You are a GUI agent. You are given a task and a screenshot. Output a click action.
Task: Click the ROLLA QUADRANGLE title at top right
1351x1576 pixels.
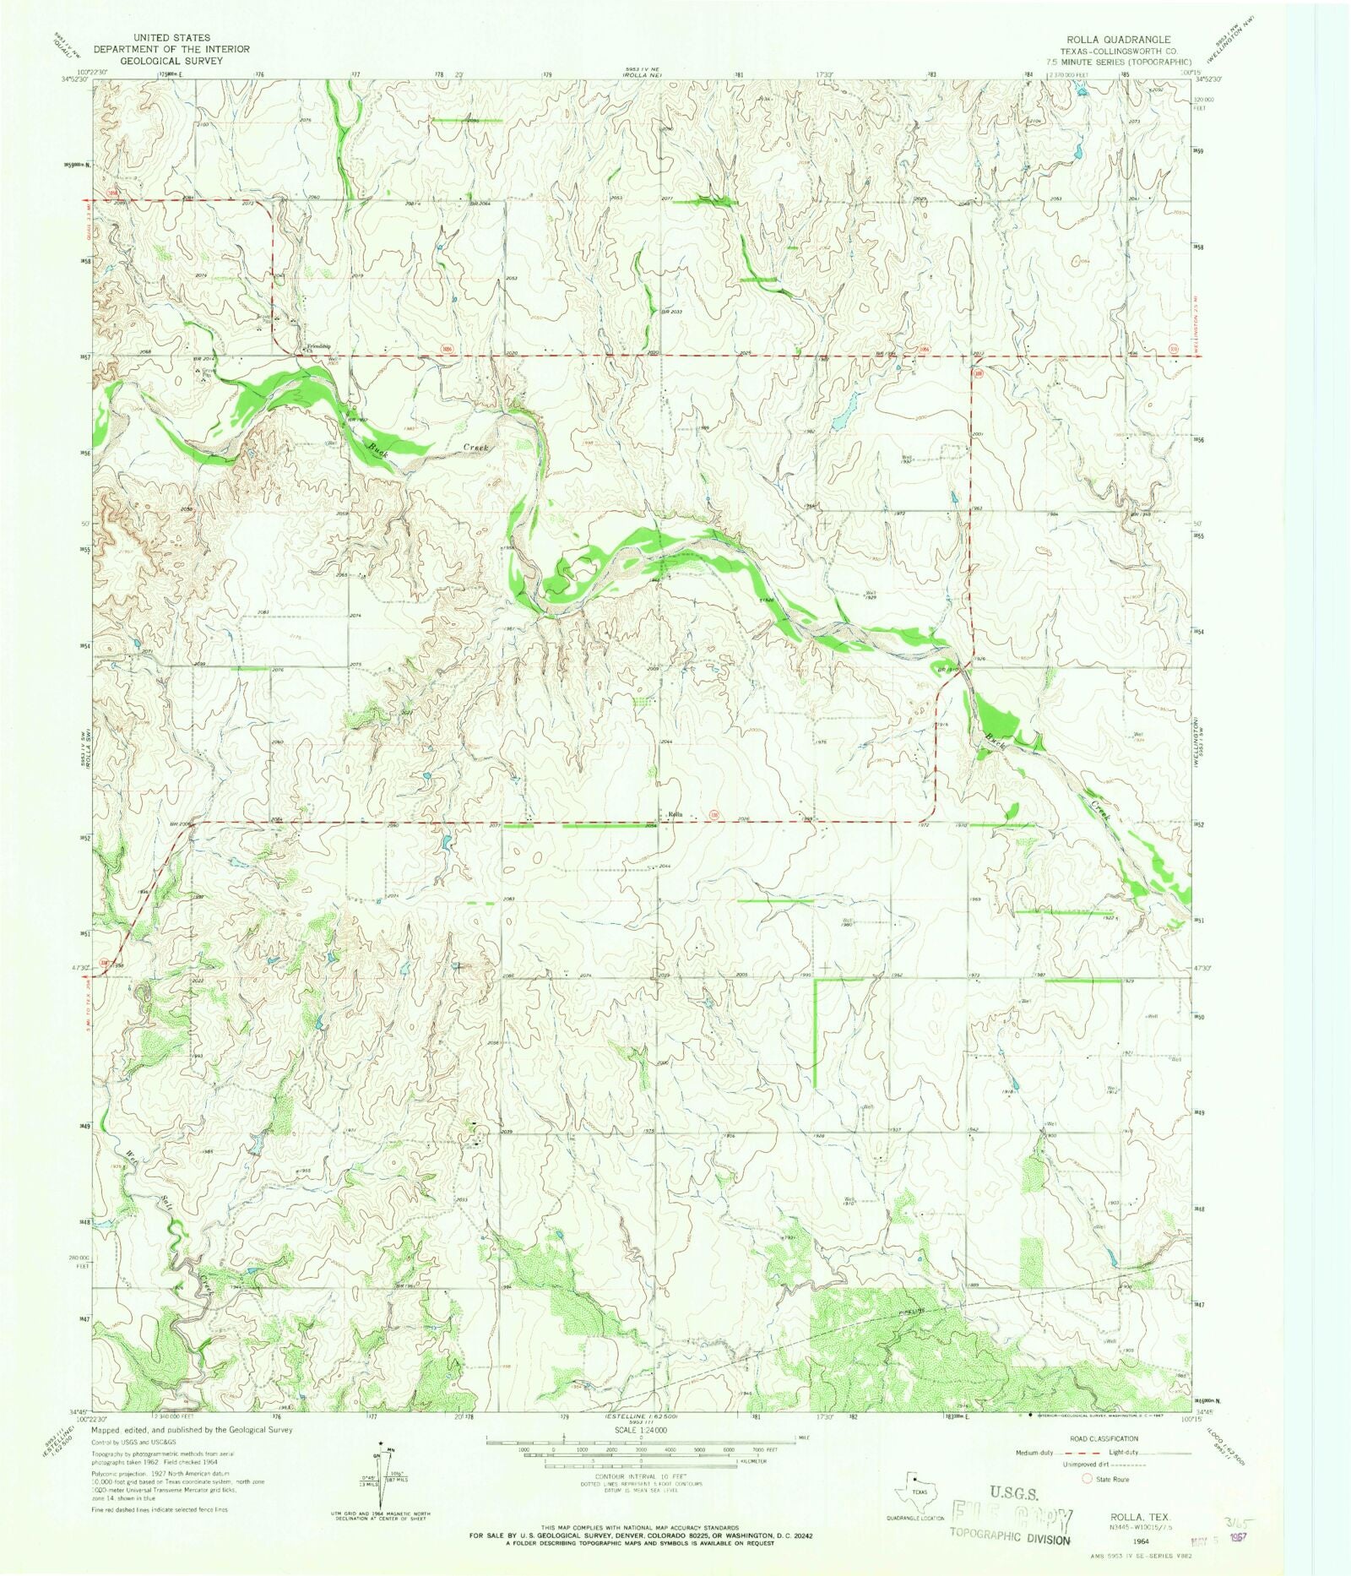tap(1117, 40)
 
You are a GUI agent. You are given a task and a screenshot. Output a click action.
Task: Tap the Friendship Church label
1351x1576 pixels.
tap(318, 347)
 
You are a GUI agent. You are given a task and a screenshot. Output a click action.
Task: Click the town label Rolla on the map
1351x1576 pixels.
tap(674, 814)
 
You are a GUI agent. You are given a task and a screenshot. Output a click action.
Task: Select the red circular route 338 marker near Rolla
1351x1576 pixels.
tap(714, 816)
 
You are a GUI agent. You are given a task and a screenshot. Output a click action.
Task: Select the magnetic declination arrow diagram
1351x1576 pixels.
tap(387, 1474)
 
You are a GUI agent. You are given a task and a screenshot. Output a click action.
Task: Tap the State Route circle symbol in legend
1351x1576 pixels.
tap(1088, 1479)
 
